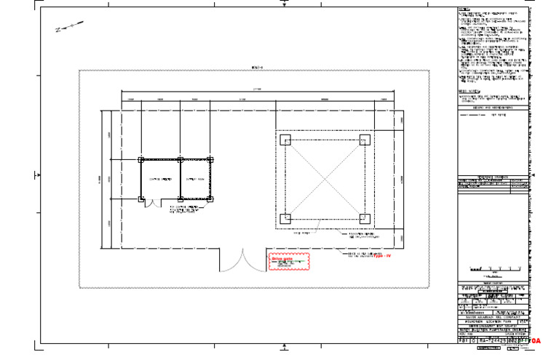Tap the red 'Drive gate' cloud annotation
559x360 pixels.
pyautogui.click(x=289, y=262)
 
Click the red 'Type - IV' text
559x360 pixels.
pyautogui.click(x=382, y=256)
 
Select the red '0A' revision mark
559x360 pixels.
pyautogui.click(x=535, y=340)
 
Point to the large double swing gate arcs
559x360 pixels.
pyautogui.click(x=243, y=260)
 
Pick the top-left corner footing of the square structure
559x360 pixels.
pyautogui.click(x=285, y=140)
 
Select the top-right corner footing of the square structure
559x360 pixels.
pyautogui.click(x=365, y=140)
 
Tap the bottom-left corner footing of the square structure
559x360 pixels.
pyautogui.click(x=285, y=218)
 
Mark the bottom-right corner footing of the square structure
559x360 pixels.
pyautogui.click(x=365, y=218)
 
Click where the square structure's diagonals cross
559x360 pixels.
pyautogui.click(x=325, y=179)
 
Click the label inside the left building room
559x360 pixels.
pyautogui.click(x=160, y=179)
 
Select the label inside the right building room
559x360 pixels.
pyautogui.click(x=194, y=179)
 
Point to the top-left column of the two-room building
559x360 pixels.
pyautogui.click(x=141, y=159)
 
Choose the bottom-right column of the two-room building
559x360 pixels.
pyautogui.click(x=210, y=199)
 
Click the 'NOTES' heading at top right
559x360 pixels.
pyautogui.click(x=464, y=9)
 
